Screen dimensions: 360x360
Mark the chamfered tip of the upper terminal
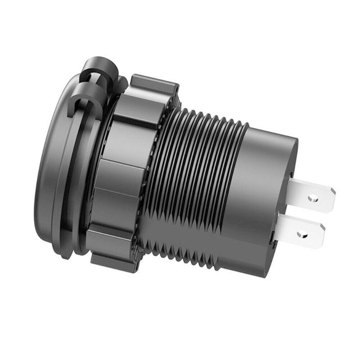click(332, 198)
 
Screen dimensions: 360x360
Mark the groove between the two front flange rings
click(72, 180)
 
